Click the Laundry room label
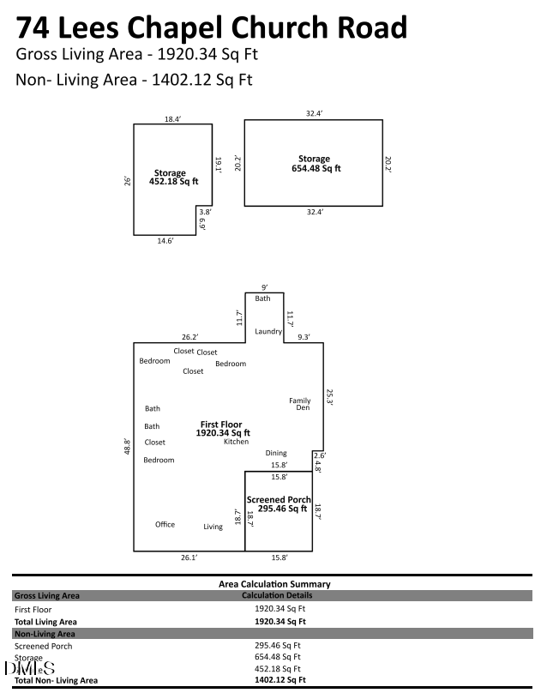pos(268,331)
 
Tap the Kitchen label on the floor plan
pos(237,442)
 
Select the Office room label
pos(165,524)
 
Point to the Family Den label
pos(299,404)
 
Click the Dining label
pos(276,453)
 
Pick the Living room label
pos(213,527)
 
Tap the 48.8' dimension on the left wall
pos(127,446)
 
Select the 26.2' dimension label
pos(189,337)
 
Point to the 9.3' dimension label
pos(303,337)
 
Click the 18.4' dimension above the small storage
pos(173,119)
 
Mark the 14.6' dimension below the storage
pos(165,242)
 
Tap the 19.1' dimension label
pos(219,164)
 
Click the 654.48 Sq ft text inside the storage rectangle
pos(316,169)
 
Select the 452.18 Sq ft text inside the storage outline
pos(174,182)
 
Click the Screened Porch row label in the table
pos(44,646)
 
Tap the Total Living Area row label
pos(46,621)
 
